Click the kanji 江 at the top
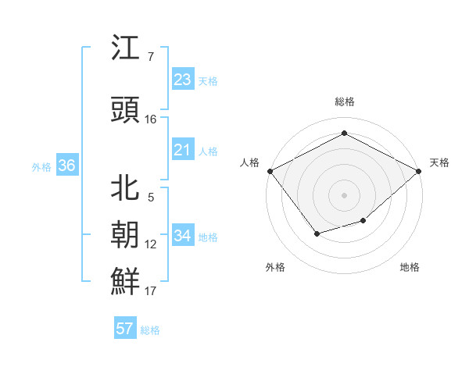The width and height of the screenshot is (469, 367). click(x=126, y=48)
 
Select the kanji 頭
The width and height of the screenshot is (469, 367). click(x=126, y=111)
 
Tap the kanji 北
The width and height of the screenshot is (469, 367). click(x=126, y=188)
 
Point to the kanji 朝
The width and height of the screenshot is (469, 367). click(x=126, y=235)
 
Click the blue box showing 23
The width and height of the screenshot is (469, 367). click(x=183, y=80)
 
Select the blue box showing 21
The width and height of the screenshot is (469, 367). click(x=183, y=150)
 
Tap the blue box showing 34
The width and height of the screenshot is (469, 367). click(x=183, y=235)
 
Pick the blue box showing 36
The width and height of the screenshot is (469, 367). click(x=66, y=166)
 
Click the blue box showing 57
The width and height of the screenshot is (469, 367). click(x=125, y=329)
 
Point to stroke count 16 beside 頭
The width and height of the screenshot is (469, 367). click(x=151, y=119)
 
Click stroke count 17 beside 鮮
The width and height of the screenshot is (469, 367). click(x=151, y=291)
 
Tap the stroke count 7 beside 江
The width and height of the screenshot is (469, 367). click(x=150, y=57)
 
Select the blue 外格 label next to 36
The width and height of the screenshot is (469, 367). click(x=41, y=166)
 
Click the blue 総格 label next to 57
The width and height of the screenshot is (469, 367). click(x=150, y=330)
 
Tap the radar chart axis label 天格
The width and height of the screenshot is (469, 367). click(x=439, y=162)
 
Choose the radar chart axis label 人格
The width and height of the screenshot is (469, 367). click(x=250, y=162)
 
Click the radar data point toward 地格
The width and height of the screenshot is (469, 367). click(x=363, y=222)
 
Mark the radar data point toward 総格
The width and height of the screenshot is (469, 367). click(x=344, y=133)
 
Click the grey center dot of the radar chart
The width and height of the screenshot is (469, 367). click(x=344, y=194)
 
